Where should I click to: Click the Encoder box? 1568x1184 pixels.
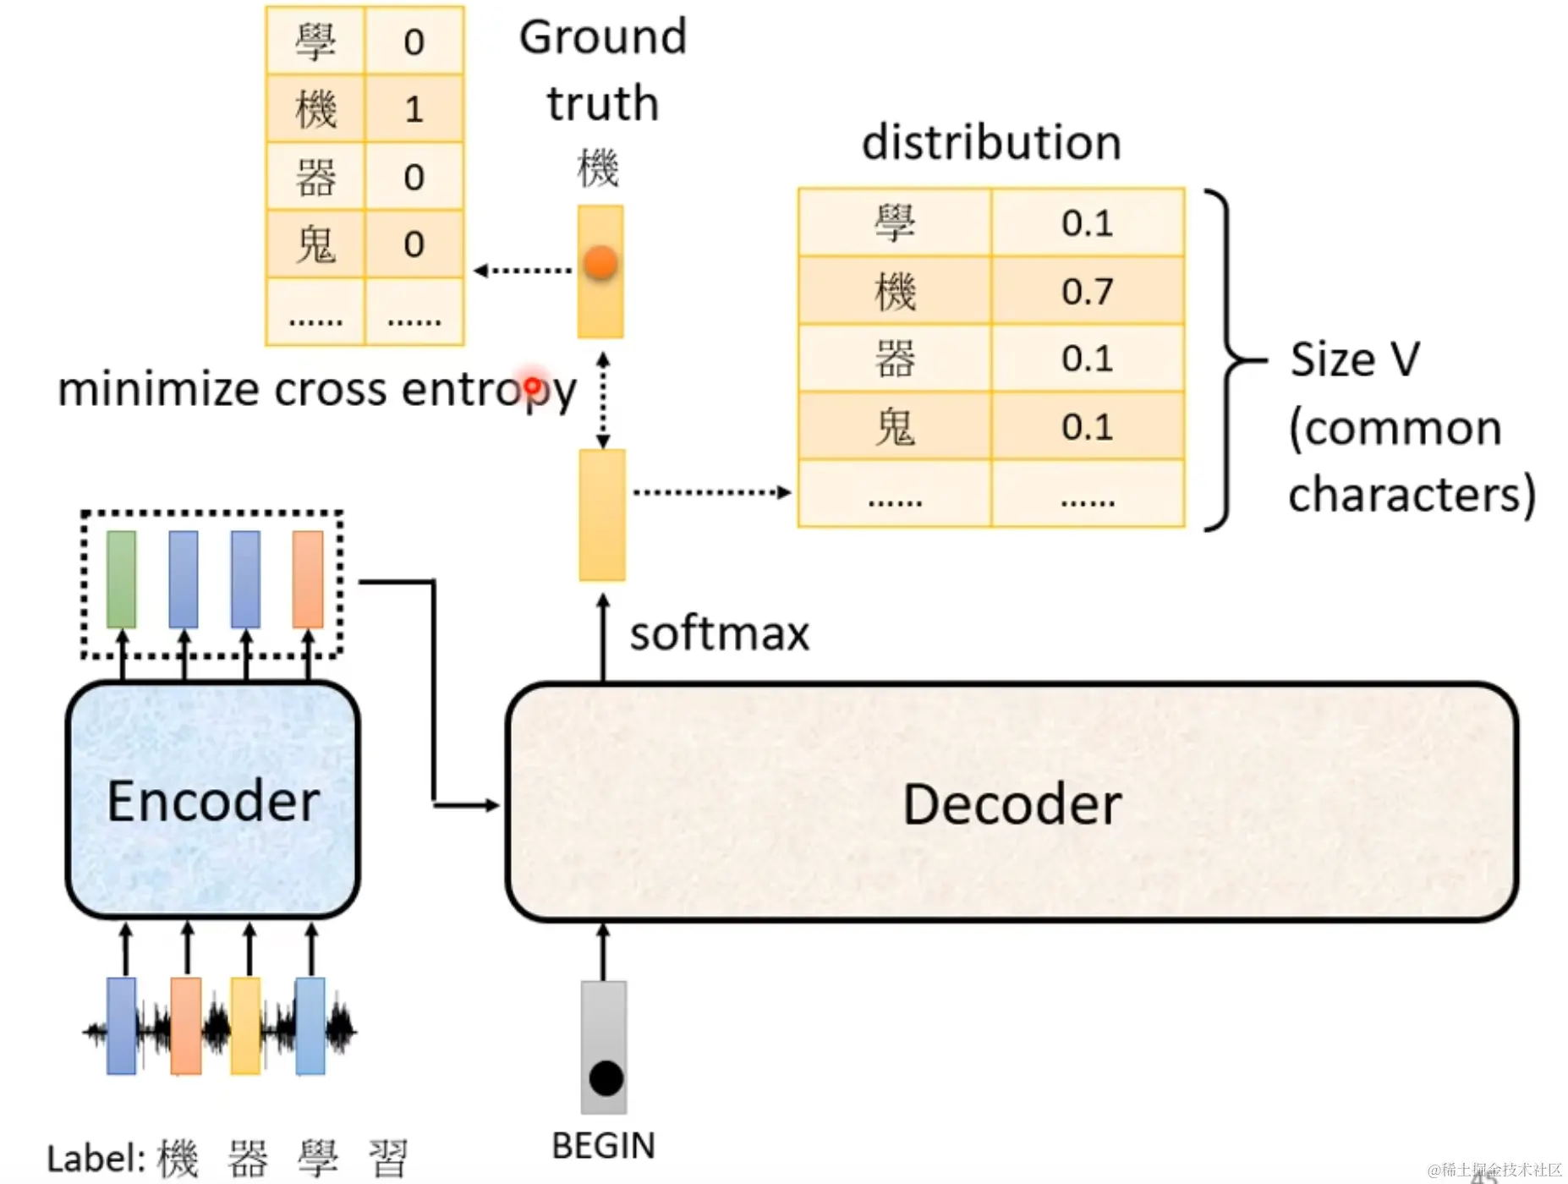[212, 800]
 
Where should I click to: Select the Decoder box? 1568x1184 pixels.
[1012, 802]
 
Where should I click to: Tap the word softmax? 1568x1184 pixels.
[719, 633]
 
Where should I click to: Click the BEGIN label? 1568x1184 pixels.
[603, 1146]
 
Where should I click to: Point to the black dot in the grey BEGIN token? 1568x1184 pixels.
[606, 1077]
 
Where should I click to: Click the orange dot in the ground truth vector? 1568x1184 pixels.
[600, 262]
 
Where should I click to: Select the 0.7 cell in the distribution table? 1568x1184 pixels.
[1087, 291]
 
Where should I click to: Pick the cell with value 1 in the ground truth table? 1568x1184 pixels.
[414, 109]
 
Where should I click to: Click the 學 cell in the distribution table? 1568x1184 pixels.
[895, 223]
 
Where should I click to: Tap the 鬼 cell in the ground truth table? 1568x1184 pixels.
[315, 244]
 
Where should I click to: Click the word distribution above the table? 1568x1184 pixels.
[991, 142]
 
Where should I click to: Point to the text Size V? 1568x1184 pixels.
[1355, 359]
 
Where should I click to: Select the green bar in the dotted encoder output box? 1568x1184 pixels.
[122, 579]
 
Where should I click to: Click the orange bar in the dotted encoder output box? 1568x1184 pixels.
[308, 579]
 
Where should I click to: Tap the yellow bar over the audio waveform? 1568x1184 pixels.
[245, 1025]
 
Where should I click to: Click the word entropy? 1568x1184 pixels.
[489, 391]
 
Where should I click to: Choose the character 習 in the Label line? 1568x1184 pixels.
[388, 1158]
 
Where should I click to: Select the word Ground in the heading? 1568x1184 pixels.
[602, 37]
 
